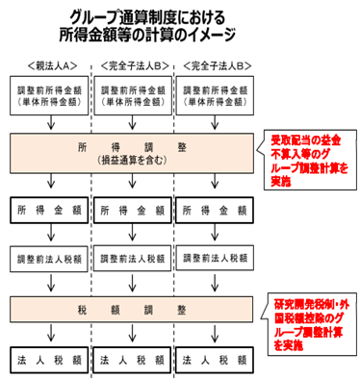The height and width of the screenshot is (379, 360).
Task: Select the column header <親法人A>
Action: pos(50,66)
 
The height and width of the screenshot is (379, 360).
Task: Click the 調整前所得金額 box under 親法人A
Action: pos(51,93)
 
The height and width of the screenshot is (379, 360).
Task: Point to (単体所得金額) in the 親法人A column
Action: pos(51,105)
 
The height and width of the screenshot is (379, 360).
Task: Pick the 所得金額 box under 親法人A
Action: pos(50,209)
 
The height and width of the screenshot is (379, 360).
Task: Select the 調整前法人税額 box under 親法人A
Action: pos(50,260)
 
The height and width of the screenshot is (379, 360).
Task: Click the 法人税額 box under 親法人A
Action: pos(50,360)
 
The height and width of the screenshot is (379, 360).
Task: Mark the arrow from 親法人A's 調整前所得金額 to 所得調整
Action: pos(50,124)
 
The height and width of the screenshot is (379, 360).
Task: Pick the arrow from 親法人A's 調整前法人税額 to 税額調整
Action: pos(50,284)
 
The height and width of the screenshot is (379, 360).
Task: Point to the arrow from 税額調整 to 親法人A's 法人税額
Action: pos(50,335)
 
